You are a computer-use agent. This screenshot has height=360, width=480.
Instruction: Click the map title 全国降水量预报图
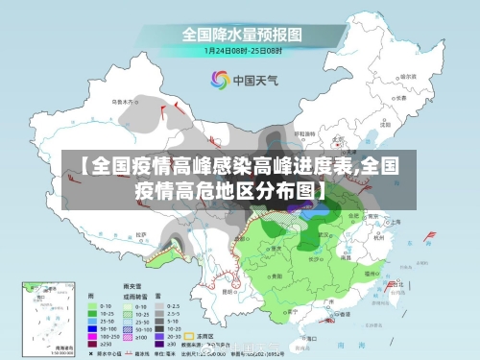(x=240, y=33)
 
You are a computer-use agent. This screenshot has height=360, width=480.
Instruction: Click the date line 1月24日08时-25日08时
(x=240, y=50)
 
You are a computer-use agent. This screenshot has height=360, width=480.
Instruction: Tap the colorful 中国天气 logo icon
(x=220, y=80)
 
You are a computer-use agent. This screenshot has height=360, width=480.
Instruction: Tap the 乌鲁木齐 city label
(x=125, y=99)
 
